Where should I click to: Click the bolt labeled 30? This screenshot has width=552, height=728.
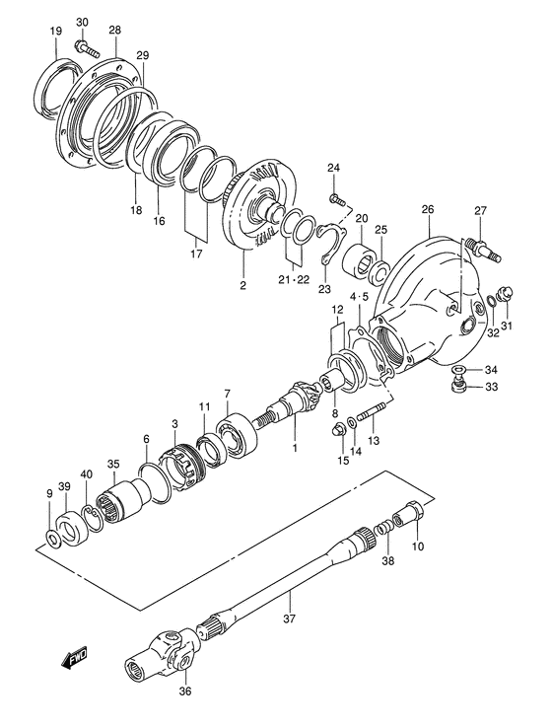[x=88, y=44]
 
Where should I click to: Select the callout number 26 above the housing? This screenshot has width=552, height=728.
[x=427, y=209]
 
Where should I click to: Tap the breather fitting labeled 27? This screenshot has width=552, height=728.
[x=481, y=239]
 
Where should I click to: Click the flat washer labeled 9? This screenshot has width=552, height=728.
[x=52, y=538]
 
